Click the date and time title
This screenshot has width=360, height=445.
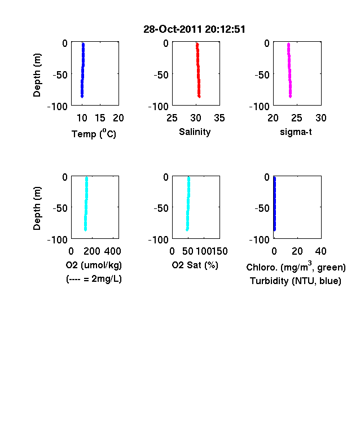pos(194,29)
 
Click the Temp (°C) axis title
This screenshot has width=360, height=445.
pos(94,133)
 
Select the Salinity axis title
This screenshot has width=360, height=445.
pos(195,132)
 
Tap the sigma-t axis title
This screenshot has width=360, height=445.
pos(296,132)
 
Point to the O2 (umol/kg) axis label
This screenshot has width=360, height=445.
pos(94,265)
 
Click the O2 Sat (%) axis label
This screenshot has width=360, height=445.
pos(195,265)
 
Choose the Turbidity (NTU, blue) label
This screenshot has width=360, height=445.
pos(296,281)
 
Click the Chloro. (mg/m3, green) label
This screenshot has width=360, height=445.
pos(296,267)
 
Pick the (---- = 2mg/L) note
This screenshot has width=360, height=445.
pos(94,279)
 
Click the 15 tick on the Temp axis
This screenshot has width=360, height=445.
pos(100,118)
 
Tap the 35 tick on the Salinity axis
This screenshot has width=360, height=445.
pos(219,118)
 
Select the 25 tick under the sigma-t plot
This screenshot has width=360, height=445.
pos(297,118)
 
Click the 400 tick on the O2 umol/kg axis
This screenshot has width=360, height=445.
pos(112,251)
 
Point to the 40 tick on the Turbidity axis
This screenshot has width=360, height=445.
pos(321,251)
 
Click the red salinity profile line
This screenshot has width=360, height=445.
pos(198,70)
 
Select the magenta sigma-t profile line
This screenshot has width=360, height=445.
pos(289,70)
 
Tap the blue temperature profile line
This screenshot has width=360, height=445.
pos(83,70)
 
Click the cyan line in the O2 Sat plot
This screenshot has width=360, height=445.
pos(188,203)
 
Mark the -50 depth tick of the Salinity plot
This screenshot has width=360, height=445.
pos(161,75)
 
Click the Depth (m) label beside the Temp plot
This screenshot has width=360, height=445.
pos(37,75)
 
